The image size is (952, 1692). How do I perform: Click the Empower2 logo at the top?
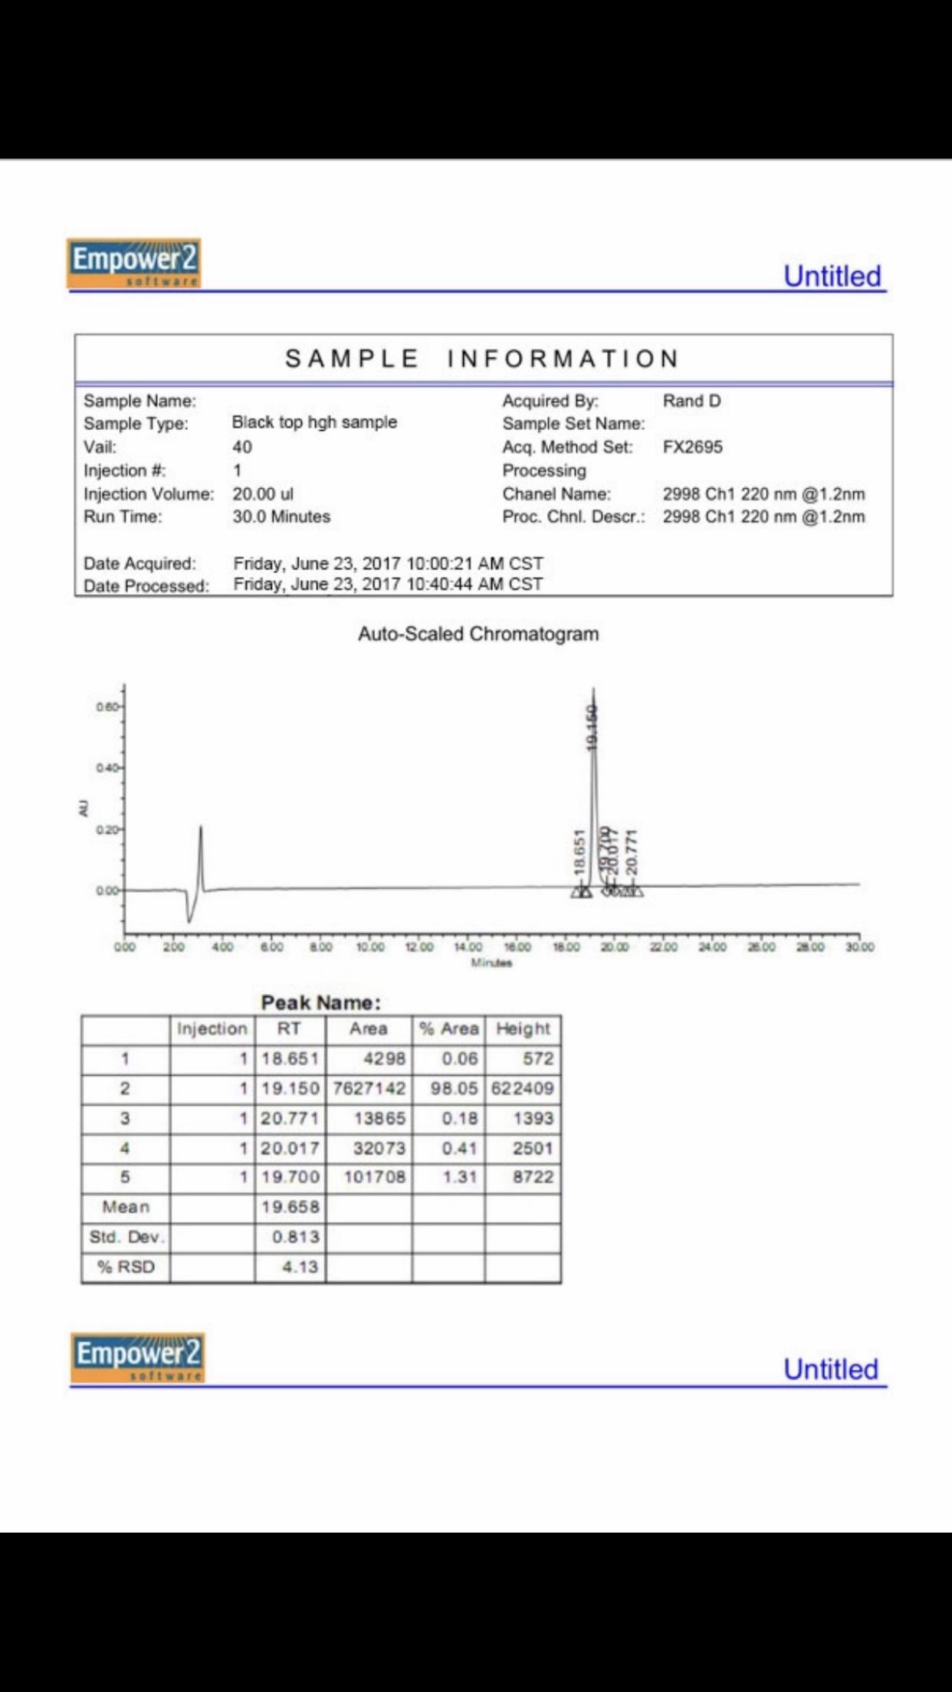tap(133, 263)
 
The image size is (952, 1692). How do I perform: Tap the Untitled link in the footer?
tap(830, 1369)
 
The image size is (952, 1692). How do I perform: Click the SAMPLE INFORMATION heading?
tap(482, 359)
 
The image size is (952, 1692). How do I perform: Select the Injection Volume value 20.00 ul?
tap(263, 494)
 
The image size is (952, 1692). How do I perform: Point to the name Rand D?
tap(691, 401)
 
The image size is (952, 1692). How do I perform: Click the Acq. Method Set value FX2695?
tap(692, 448)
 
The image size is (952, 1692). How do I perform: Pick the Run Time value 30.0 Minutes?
tap(281, 517)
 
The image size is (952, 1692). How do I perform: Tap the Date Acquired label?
tap(140, 564)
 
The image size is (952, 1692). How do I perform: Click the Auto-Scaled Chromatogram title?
tap(478, 634)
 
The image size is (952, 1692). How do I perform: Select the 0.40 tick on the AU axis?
tap(107, 768)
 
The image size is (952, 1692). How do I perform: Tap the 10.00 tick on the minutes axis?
tap(370, 947)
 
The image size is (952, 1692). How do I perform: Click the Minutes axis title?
tap(491, 963)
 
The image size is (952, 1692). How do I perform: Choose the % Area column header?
tap(448, 1029)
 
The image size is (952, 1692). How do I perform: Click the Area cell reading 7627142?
tap(369, 1089)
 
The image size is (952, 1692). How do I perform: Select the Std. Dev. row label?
tap(126, 1238)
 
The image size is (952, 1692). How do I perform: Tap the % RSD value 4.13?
tap(300, 1267)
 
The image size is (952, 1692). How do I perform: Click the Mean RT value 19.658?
tap(290, 1208)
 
